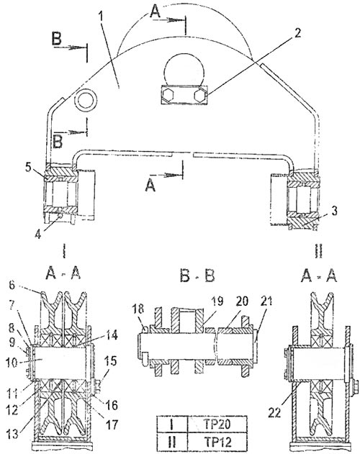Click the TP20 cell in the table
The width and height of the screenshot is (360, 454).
(x=217, y=425)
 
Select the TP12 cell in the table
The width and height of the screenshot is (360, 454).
(x=217, y=442)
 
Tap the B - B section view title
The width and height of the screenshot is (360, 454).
(x=197, y=276)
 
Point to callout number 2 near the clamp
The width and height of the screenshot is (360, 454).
(x=297, y=33)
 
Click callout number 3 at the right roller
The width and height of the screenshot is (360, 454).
(x=334, y=211)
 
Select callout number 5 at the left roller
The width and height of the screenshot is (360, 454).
(x=28, y=167)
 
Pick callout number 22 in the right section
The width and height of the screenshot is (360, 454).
(x=274, y=412)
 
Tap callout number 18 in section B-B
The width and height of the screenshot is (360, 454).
(x=138, y=309)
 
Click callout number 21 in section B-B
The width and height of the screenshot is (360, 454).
(x=266, y=301)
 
